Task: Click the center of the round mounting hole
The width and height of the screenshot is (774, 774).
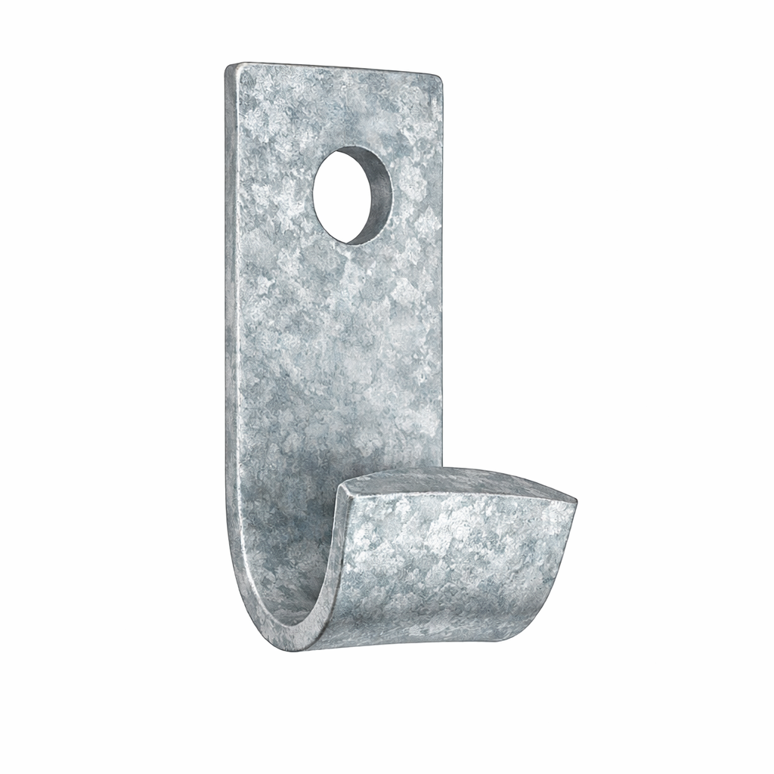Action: click(x=352, y=195)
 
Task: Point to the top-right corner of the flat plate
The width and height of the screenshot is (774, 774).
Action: click(x=439, y=76)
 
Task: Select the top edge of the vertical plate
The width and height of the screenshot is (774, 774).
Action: click(x=333, y=70)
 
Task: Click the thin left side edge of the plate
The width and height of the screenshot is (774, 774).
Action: click(x=228, y=302)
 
